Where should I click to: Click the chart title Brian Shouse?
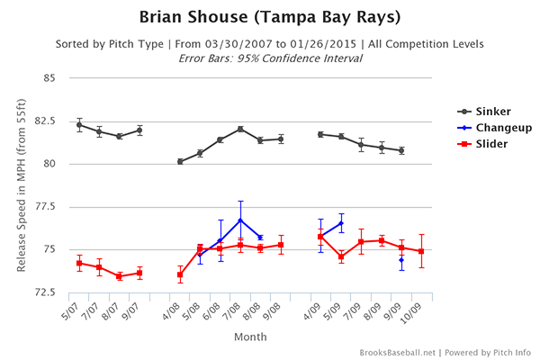point(270,18)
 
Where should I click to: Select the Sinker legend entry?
point(492,112)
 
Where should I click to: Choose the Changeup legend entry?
point(500,128)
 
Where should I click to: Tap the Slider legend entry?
point(490,144)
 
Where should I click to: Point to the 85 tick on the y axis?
point(48,78)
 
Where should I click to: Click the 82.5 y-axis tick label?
point(43,121)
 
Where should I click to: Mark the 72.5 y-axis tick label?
point(43,293)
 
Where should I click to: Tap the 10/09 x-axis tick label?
point(416,316)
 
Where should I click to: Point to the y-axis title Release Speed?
point(15,185)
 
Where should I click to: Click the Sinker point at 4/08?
point(180,161)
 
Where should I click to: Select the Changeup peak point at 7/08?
point(240,220)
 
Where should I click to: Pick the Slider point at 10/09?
point(421,251)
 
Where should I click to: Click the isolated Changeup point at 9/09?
point(401,259)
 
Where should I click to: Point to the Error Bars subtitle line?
point(270,58)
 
